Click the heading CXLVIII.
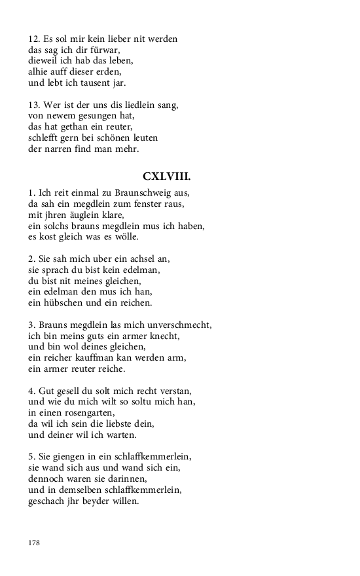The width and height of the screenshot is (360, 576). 166,177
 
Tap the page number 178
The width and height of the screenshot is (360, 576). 34,543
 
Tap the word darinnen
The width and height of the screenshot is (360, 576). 125,478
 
